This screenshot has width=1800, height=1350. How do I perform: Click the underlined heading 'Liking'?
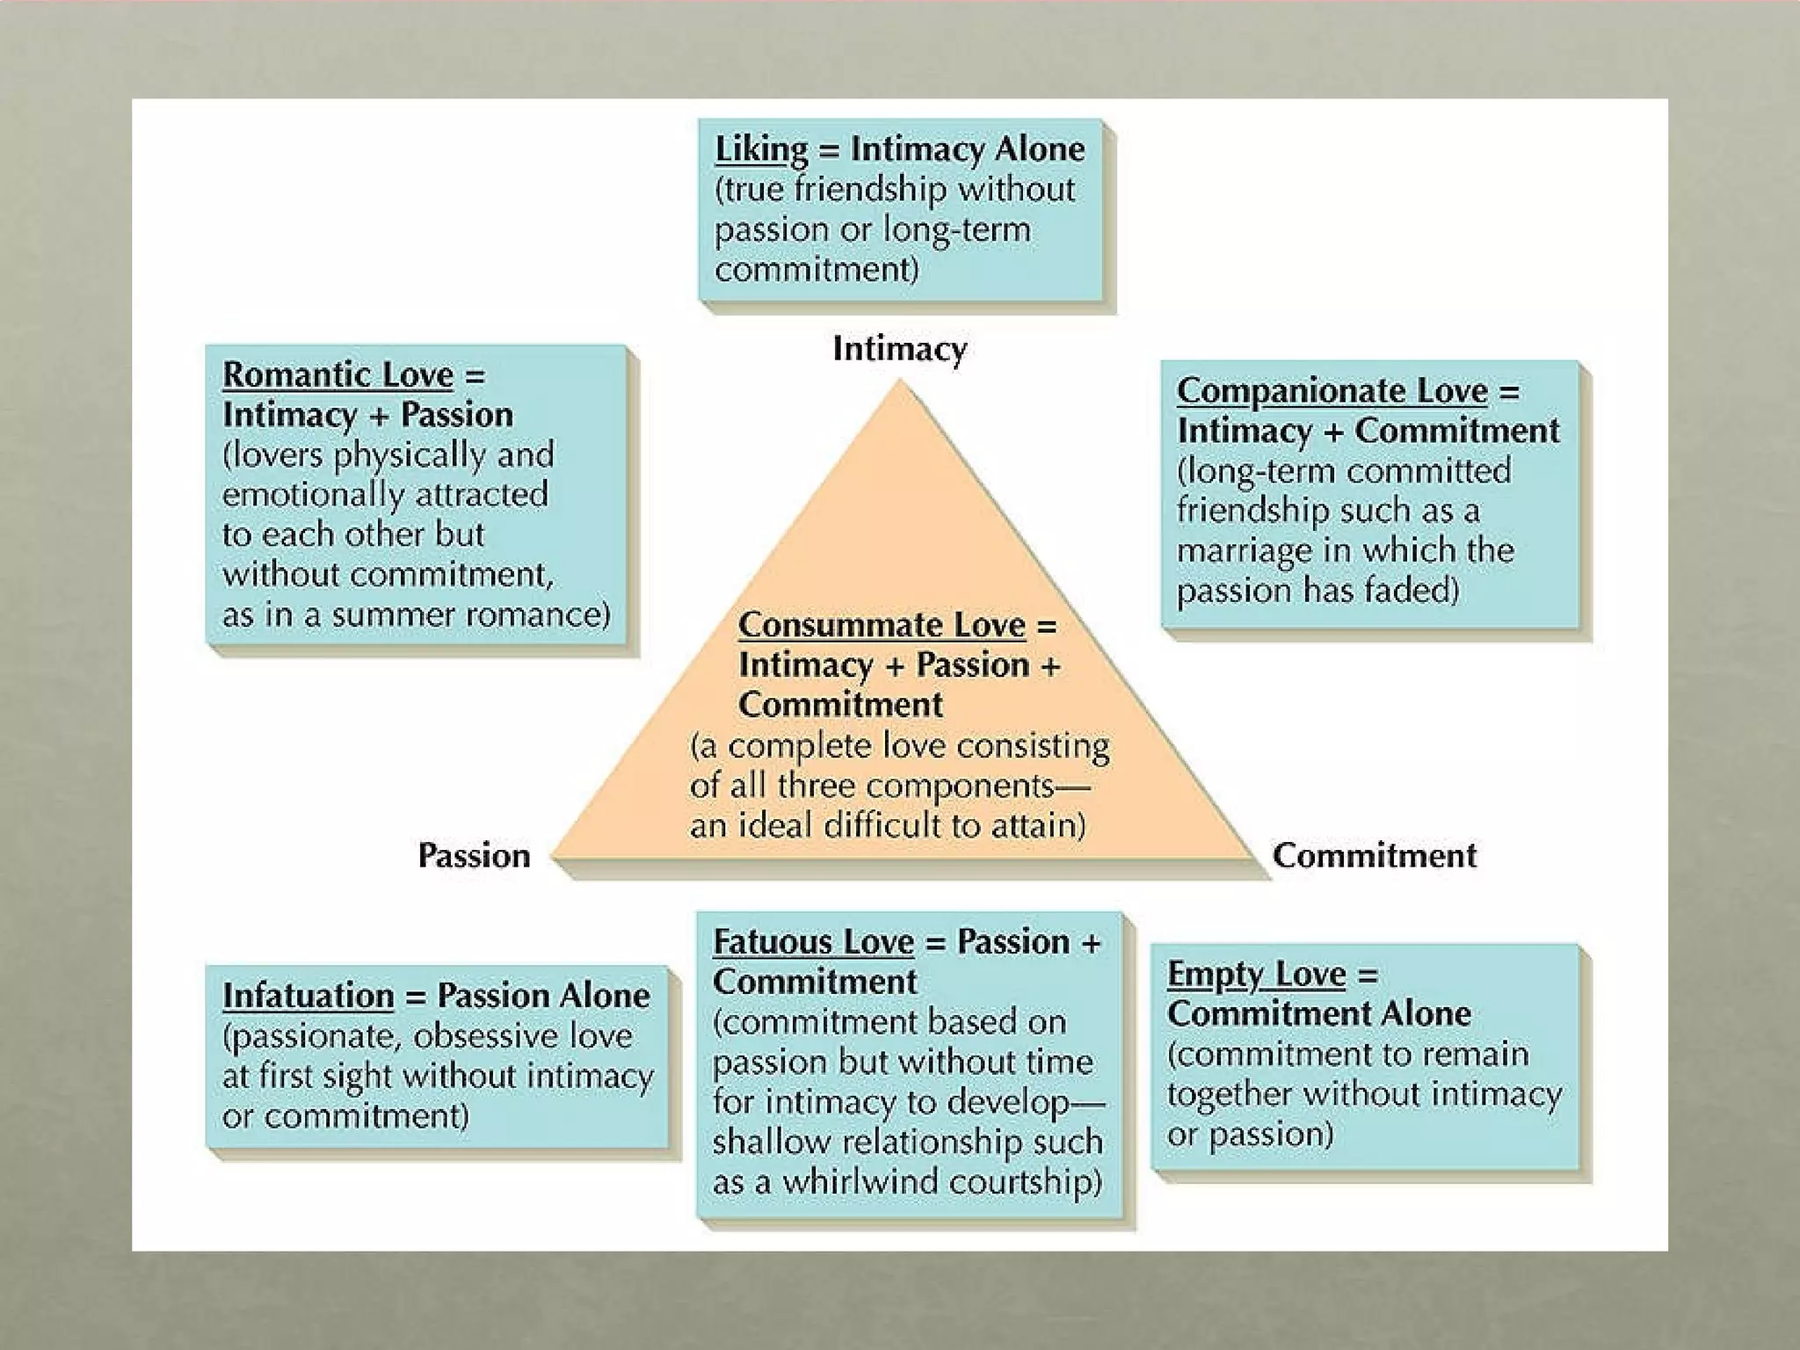click(760, 149)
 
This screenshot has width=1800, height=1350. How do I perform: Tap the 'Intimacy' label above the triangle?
click(899, 349)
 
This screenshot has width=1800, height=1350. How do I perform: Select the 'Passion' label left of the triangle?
click(474, 855)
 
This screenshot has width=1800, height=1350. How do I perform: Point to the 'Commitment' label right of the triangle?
click(1374, 855)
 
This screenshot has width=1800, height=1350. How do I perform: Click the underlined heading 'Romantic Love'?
click(337, 374)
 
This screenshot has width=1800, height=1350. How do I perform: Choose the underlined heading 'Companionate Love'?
click(1332, 390)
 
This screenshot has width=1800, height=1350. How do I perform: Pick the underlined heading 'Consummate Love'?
click(882, 625)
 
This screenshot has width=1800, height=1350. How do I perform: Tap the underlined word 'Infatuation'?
click(308, 995)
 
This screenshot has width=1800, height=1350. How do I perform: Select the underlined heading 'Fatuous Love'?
click(813, 941)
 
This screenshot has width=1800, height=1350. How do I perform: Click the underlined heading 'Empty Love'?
click(1256, 974)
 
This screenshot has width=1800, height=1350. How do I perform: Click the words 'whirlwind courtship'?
click(940, 1181)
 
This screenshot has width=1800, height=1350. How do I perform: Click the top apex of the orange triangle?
click(899, 382)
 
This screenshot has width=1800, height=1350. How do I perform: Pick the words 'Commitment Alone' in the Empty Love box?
click(1318, 1013)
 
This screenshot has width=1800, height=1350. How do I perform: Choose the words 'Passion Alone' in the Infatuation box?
click(543, 995)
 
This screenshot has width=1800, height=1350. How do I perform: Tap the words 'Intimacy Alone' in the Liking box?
click(967, 149)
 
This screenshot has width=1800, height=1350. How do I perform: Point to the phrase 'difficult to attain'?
click(949, 825)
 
